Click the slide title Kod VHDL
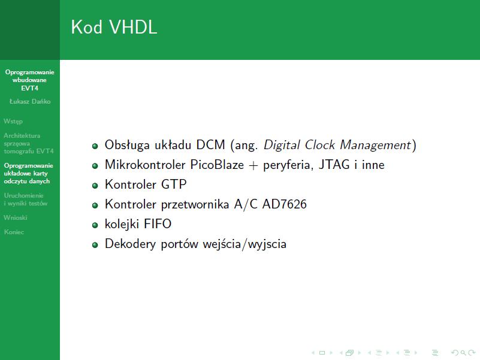pyautogui.click(x=114, y=26)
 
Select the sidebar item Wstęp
pyautogui.click(x=13, y=122)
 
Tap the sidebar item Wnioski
pyautogui.click(x=16, y=217)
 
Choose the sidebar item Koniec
pyautogui.click(x=14, y=232)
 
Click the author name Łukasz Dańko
pyautogui.click(x=30, y=102)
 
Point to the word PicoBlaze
pyautogui.click(x=217, y=165)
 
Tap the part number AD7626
pyautogui.click(x=285, y=204)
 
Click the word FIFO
pyautogui.click(x=158, y=224)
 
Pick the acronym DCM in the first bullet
pyautogui.click(x=210, y=145)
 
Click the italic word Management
pyautogui.click(x=375, y=145)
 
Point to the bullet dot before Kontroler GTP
pyautogui.click(x=95, y=186)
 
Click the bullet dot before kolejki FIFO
pyautogui.click(x=95, y=225)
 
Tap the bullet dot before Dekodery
pyautogui.click(x=95, y=245)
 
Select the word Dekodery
pyautogui.click(x=130, y=244)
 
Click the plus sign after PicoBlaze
pyautogui.click(x=253, y=165)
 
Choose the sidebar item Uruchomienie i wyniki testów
pyautogui.click(x=26, y=199)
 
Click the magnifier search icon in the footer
pyautogui.click(x=463, y=353)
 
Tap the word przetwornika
pyautogui.click(x=195, y=204)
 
